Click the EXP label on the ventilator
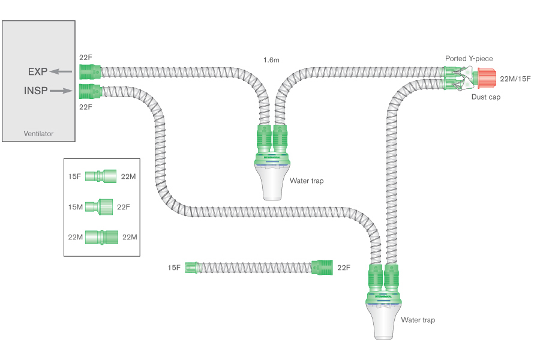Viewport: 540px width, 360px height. point(37,71)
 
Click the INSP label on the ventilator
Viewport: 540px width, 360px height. point(35,91)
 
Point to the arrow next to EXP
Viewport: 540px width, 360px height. point(60,71)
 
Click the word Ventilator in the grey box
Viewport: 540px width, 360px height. point(38,133)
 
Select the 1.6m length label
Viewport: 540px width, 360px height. point(272,60)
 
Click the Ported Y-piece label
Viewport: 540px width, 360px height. point(469,58)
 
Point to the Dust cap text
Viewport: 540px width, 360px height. point(486,97)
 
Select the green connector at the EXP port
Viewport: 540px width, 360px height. point(89,72)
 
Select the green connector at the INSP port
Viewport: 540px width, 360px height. point(89,92)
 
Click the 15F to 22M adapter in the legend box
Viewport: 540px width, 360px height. point(101,176)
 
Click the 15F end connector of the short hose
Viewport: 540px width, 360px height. point(191,268)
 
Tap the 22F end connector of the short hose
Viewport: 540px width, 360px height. point(322,268)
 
